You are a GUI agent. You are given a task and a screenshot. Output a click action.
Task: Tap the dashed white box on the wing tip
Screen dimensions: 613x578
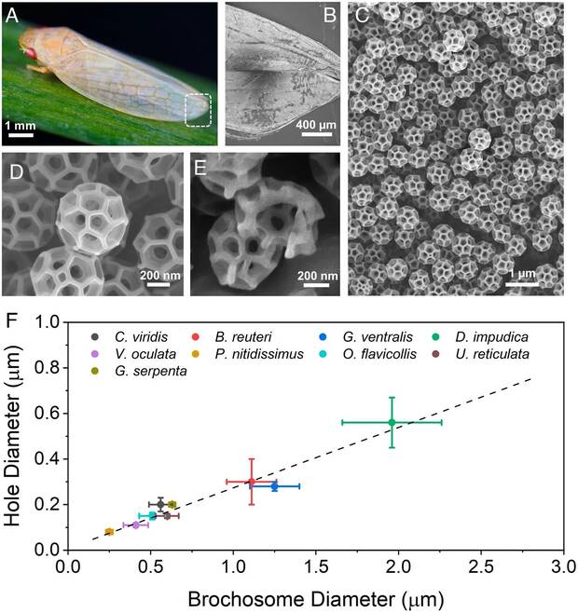coord(200,108)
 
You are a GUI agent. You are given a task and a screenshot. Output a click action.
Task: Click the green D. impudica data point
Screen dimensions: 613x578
coord(392,422)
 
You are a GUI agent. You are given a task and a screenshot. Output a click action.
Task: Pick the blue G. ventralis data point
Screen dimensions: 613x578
coord(274,486)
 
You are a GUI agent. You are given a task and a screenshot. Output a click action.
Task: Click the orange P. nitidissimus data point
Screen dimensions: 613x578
coord(109,532)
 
